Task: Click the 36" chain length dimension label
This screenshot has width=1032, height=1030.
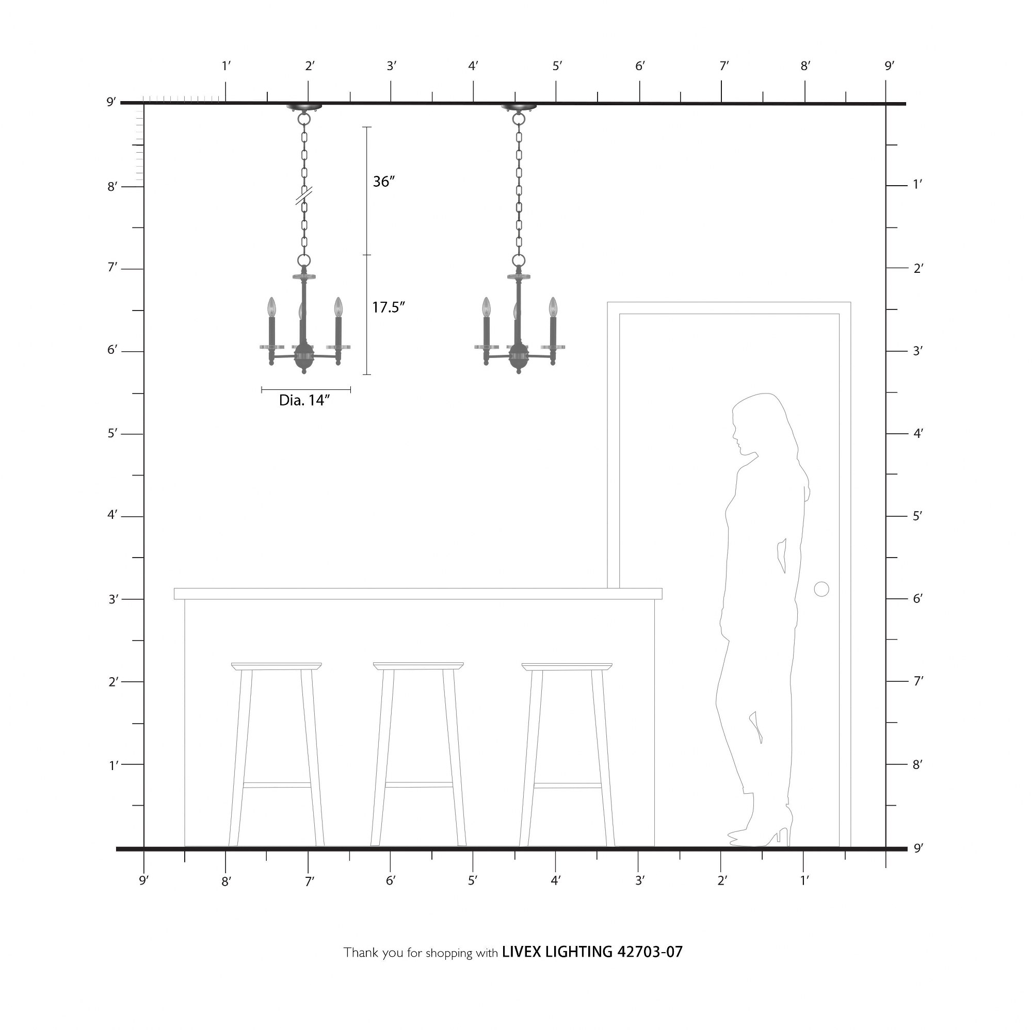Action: coord(384,182)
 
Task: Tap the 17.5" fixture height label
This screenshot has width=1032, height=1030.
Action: coord(389,307)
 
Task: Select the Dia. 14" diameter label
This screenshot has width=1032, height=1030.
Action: coord(304,401)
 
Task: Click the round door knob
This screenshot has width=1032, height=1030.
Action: coord(821,590)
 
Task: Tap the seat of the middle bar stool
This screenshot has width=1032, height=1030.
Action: coord(418,666)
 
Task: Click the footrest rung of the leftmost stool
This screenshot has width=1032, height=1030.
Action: coord(277,785)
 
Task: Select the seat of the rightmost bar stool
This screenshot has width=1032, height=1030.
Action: coord(567,666)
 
